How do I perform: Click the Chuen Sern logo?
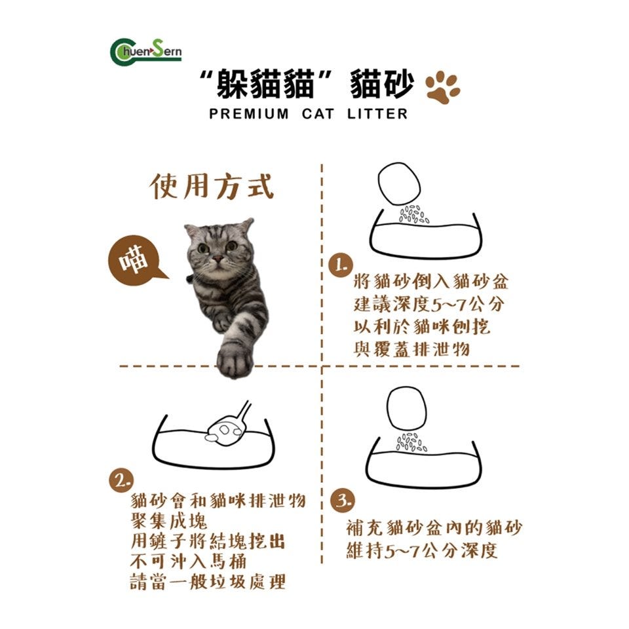145,52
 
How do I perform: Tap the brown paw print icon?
442,87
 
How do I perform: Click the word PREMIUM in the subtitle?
249,114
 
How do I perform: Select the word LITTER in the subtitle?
377,114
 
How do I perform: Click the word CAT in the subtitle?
318,114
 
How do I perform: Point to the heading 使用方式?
212,186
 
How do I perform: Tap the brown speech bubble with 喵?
135,259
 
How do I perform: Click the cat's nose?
218,259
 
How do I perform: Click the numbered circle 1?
341,265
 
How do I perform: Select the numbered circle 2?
121,480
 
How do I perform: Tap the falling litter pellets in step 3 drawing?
411,442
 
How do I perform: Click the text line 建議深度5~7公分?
429,304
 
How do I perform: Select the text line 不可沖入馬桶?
188,561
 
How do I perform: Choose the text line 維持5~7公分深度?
422,550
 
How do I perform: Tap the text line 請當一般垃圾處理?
208,582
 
